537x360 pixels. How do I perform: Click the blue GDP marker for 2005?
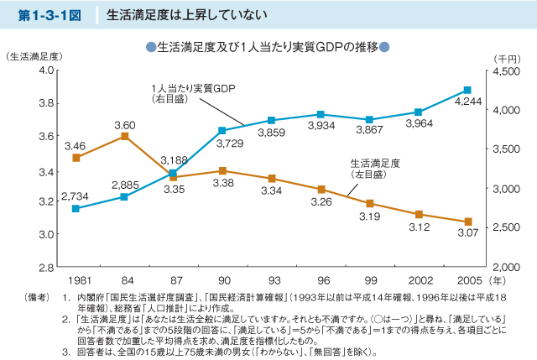coord(468,90)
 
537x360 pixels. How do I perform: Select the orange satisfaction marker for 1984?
coord(124,136)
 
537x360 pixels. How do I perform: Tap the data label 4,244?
coord(467,102)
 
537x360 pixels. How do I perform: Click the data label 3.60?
coord(124,124)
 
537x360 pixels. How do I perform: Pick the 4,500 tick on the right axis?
coord(507,70)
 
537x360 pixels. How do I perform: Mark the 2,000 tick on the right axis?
coord(507,266)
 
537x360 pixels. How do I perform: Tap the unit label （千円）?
coord(509,56)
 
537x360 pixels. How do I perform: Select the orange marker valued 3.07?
coord(468,222)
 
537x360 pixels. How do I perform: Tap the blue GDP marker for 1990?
coord(222,130)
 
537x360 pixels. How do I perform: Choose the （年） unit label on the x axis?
coord(499,278)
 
